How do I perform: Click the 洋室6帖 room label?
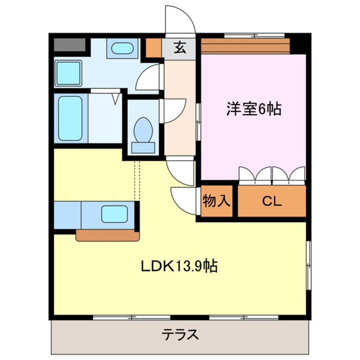click(x=253, y=110)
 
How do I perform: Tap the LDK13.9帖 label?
click(x=180, y=267)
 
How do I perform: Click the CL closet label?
click(x=272, y=201)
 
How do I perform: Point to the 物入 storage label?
click(x=217, y=201)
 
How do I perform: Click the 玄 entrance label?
click(x=180, y=48)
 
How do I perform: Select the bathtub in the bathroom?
click(x=70, y=118)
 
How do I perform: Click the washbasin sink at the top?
click(x=122, y=48)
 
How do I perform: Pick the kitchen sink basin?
click(x=114, y=214)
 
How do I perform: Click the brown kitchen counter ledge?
click(x=107, y=235)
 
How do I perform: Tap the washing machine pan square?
click(x=69, y=73)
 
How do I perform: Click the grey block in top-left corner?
click(x=70, y=44)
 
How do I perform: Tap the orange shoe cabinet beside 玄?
click(x=154, y=49)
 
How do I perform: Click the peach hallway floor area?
click(x=179, y=136)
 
